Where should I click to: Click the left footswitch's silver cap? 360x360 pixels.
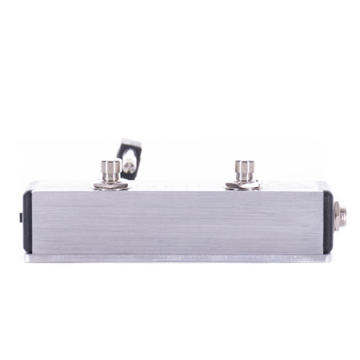(111, 168)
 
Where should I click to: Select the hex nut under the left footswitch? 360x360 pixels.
(111, 186)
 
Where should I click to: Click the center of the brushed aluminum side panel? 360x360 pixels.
(176, 220)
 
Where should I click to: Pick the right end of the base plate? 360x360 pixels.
(330, 257)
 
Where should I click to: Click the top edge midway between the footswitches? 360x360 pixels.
(177, 190)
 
